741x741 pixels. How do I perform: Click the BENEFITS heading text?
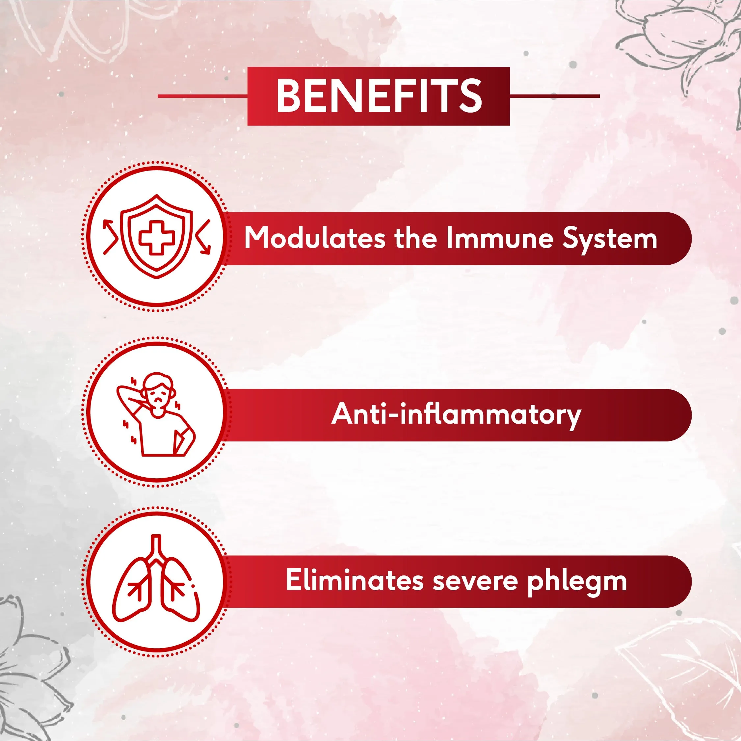click(379, 96)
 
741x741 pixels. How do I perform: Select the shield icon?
click(156, 236)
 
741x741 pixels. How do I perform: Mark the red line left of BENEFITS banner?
click(203, 96)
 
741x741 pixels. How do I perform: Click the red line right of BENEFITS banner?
click(555, 96)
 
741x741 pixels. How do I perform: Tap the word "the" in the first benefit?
click(415, 238)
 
